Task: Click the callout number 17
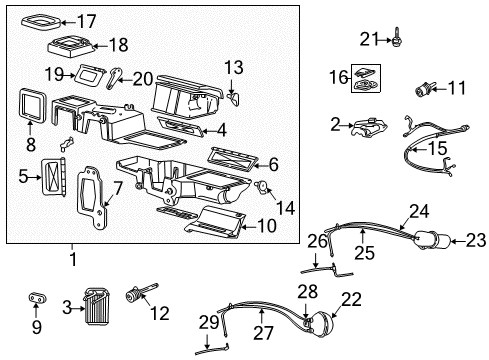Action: [87, 21]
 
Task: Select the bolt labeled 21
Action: [396, 37]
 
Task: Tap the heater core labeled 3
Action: [97, 307]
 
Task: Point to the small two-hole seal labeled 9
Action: [37, 298]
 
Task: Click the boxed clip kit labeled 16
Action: [366, 78]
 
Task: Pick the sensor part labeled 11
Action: [422, 89]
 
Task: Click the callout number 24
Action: [419, 211]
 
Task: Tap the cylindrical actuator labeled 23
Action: [432, 240]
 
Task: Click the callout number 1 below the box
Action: [73, 259]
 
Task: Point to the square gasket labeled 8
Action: [32, 104]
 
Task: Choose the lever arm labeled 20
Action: [114, 78]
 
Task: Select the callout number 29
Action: [209, 323]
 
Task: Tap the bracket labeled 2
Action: [368, 128]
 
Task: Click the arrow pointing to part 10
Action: [249, 227]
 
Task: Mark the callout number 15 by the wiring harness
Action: [437, 148]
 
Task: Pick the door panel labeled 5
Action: [53, 176]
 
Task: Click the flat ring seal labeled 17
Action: [42, 22]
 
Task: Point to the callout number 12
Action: [160, 313]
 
